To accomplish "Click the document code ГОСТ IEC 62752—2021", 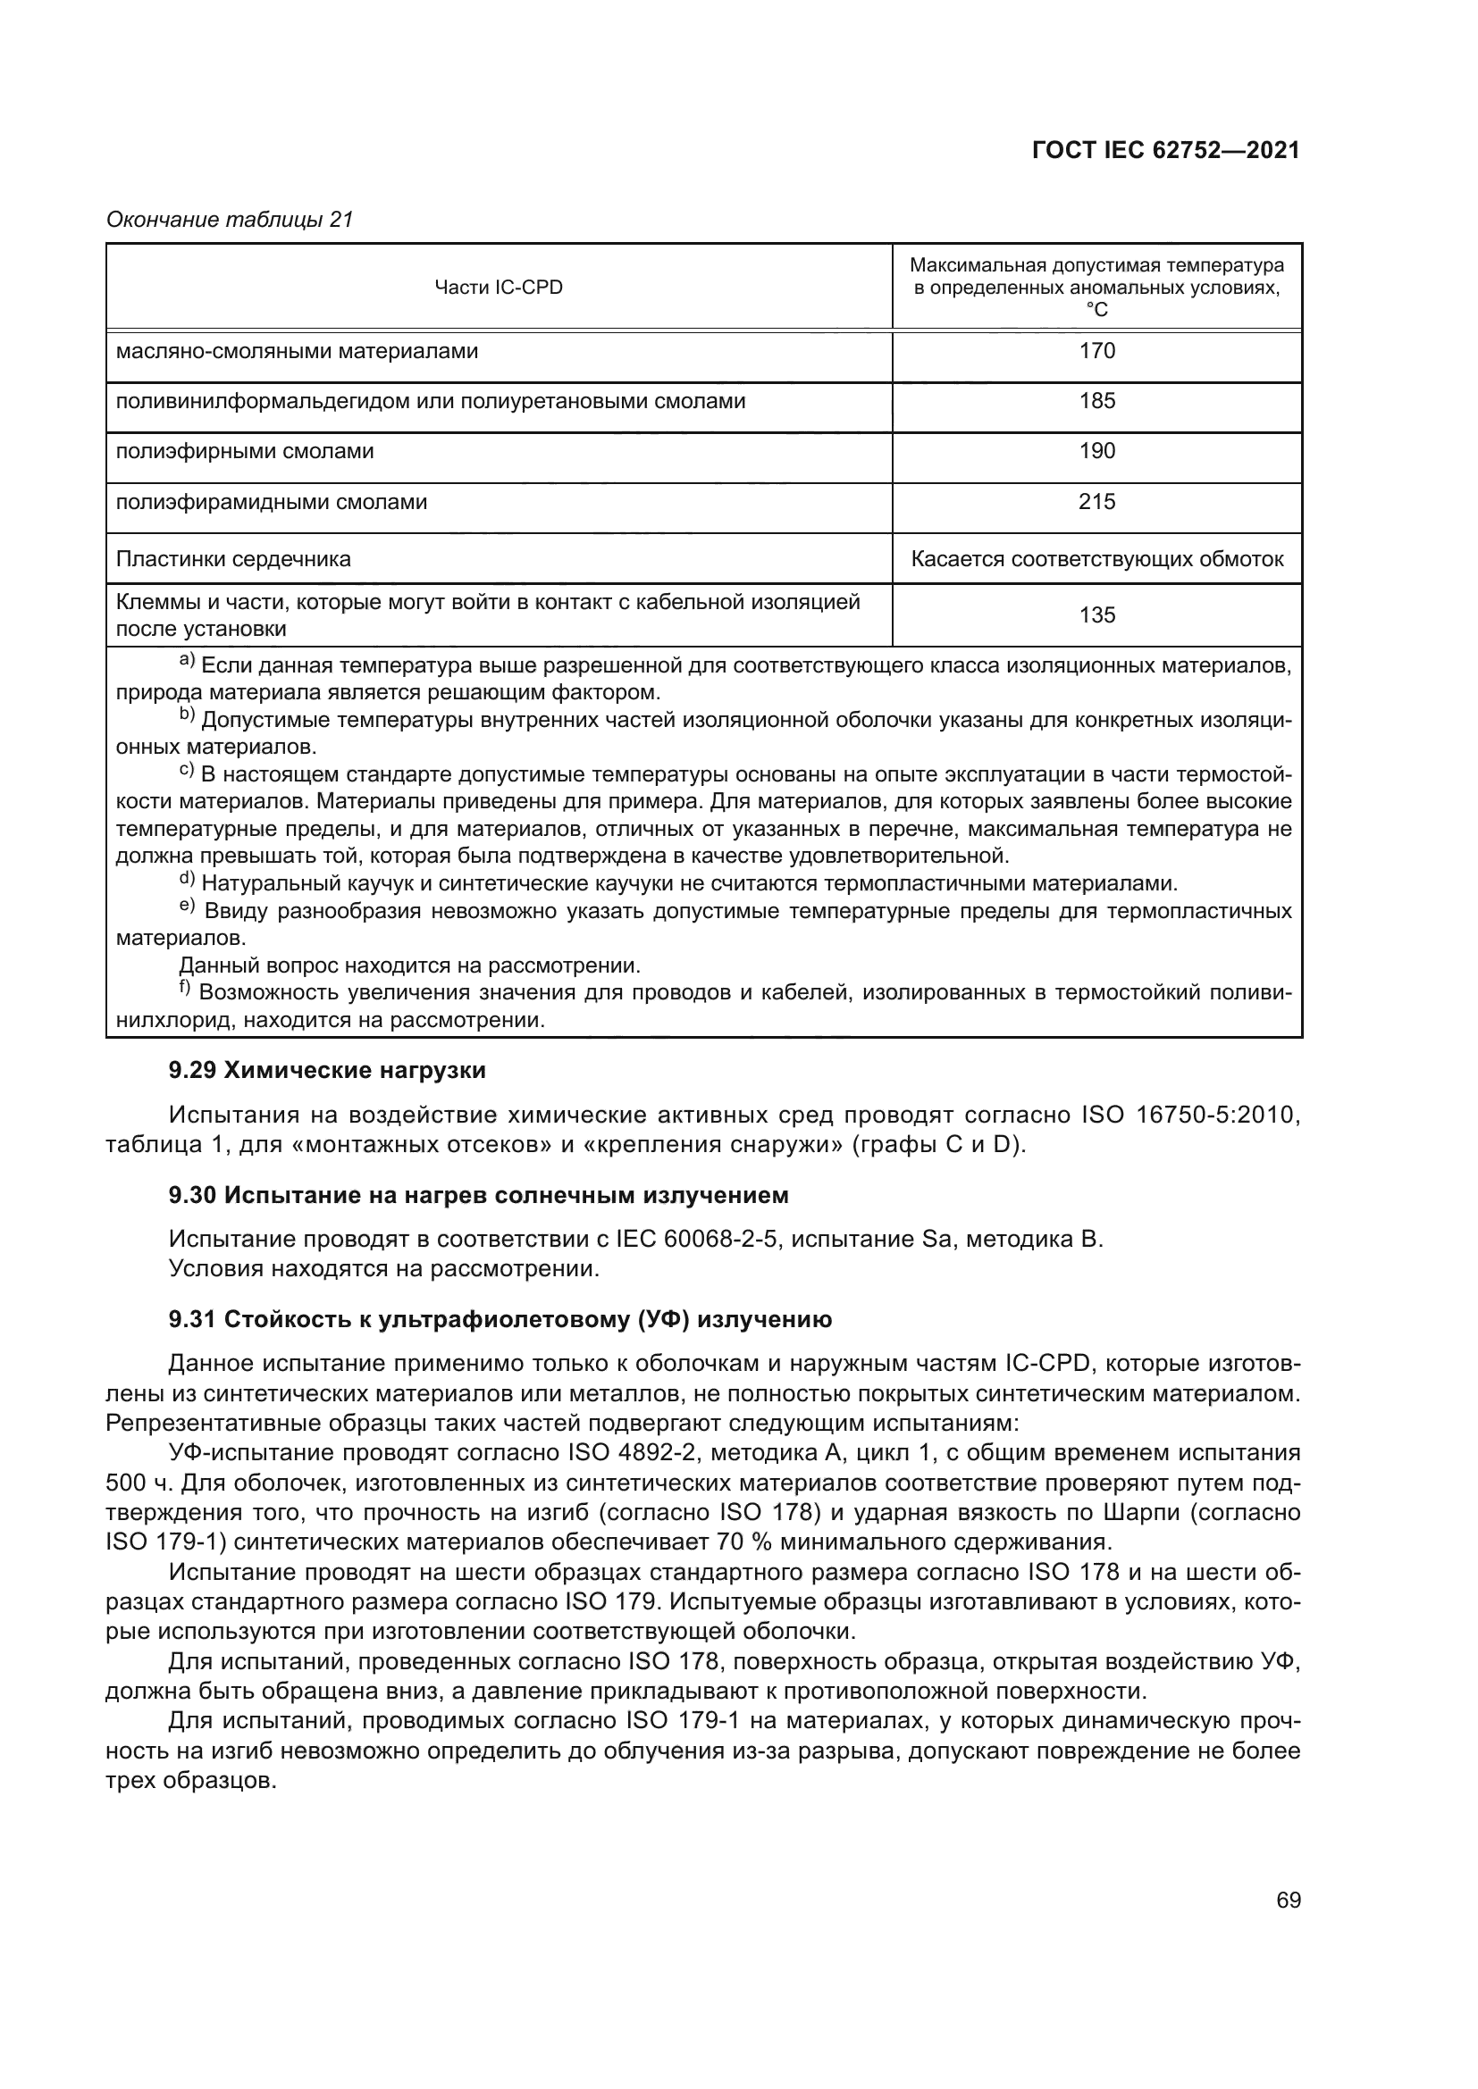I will [x=1166, y=151].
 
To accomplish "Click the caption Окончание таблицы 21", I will [x=231, y=220].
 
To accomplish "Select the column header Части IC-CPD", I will [x=499, y=288].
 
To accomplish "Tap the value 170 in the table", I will [x=1096, y=351].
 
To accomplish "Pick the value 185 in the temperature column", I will [x=1096, y=401].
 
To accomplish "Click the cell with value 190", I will [x=1096, y=451].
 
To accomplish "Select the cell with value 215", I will [x=1096, y=502].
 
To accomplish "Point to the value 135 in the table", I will [x=1096, y=615].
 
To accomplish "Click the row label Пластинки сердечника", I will [x=234, y=558].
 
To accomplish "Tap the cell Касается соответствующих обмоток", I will [x=1096, y=558].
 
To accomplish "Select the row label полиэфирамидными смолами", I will [x=273, y=502].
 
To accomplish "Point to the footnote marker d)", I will [x=187, y=879].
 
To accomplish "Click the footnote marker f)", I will [x=185, y=988].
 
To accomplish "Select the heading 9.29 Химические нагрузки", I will [x=328, y=1071].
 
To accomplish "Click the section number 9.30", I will [x=192, y=1196].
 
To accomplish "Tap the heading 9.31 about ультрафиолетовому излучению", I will [x=500, y=1319].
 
